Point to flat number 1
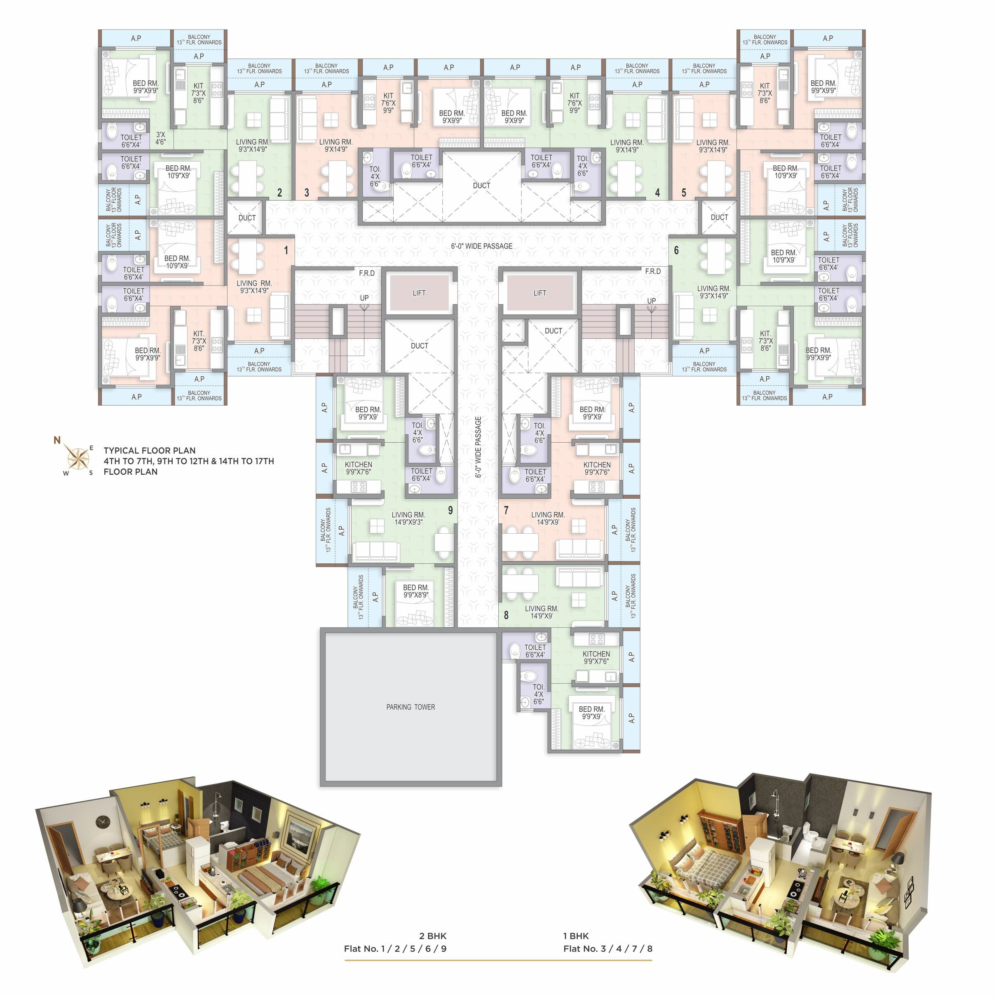(x=286, y=250)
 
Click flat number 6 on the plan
(x=676, y=250)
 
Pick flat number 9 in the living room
(x=450, y=510)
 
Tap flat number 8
(x=506, y=615)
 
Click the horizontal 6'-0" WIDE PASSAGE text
(x=481, y=246)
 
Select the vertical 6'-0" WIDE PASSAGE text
(x=479, y=447)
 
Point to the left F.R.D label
(x=366, y=273)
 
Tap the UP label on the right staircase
(x=651, y=301)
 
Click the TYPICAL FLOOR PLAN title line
(x=150, y=450)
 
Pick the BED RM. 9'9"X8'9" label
(x=415, y=591)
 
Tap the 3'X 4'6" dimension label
(x=160, y=138)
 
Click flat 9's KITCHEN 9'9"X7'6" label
(x=358, y=468)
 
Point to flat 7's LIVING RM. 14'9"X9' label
(x=547, y=518)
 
